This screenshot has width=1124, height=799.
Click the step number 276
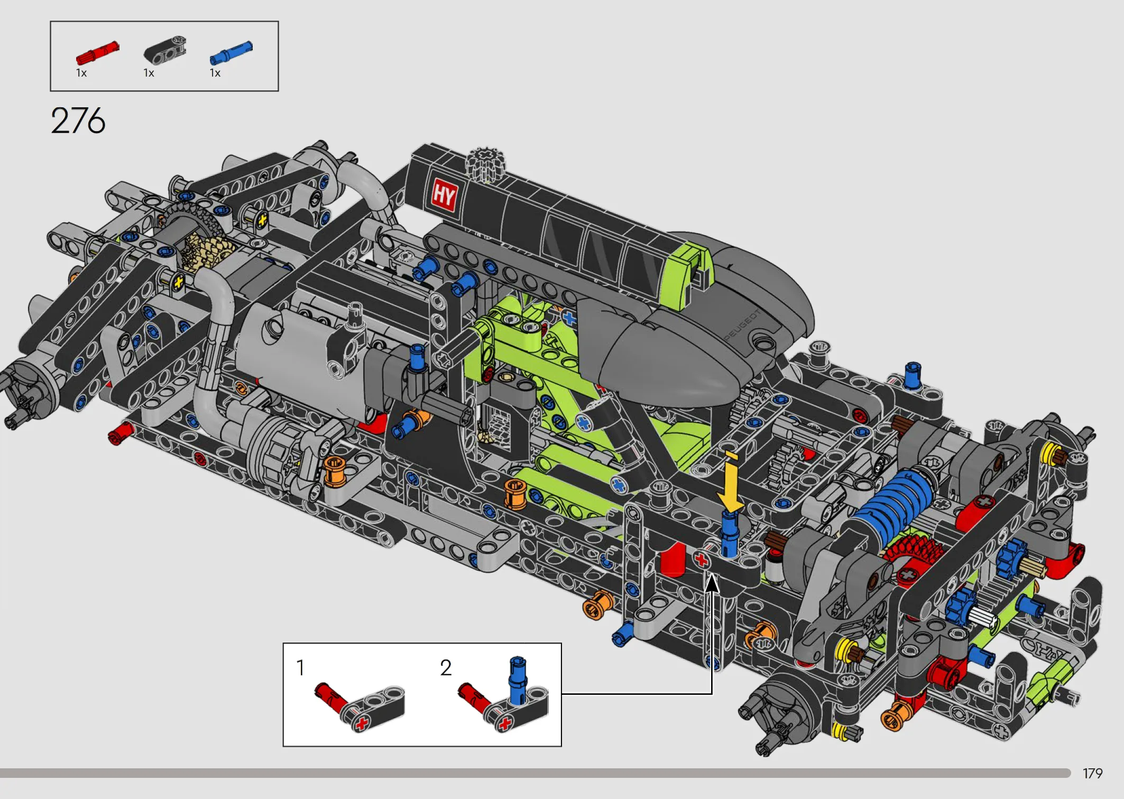78,120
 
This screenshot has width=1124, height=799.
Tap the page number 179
1092,774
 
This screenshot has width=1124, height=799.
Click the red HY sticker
444,196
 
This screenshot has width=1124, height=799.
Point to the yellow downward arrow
730,482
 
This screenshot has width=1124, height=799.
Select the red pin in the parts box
98,53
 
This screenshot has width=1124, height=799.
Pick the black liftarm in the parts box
165,51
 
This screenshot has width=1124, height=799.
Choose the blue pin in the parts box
231,53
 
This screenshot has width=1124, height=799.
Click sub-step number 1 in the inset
300,668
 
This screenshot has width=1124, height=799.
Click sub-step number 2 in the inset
446,668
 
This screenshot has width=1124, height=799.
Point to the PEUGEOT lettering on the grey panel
742,325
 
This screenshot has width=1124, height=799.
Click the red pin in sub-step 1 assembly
331,699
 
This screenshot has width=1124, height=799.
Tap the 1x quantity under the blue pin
215,73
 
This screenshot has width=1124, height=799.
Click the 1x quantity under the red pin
81,73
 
